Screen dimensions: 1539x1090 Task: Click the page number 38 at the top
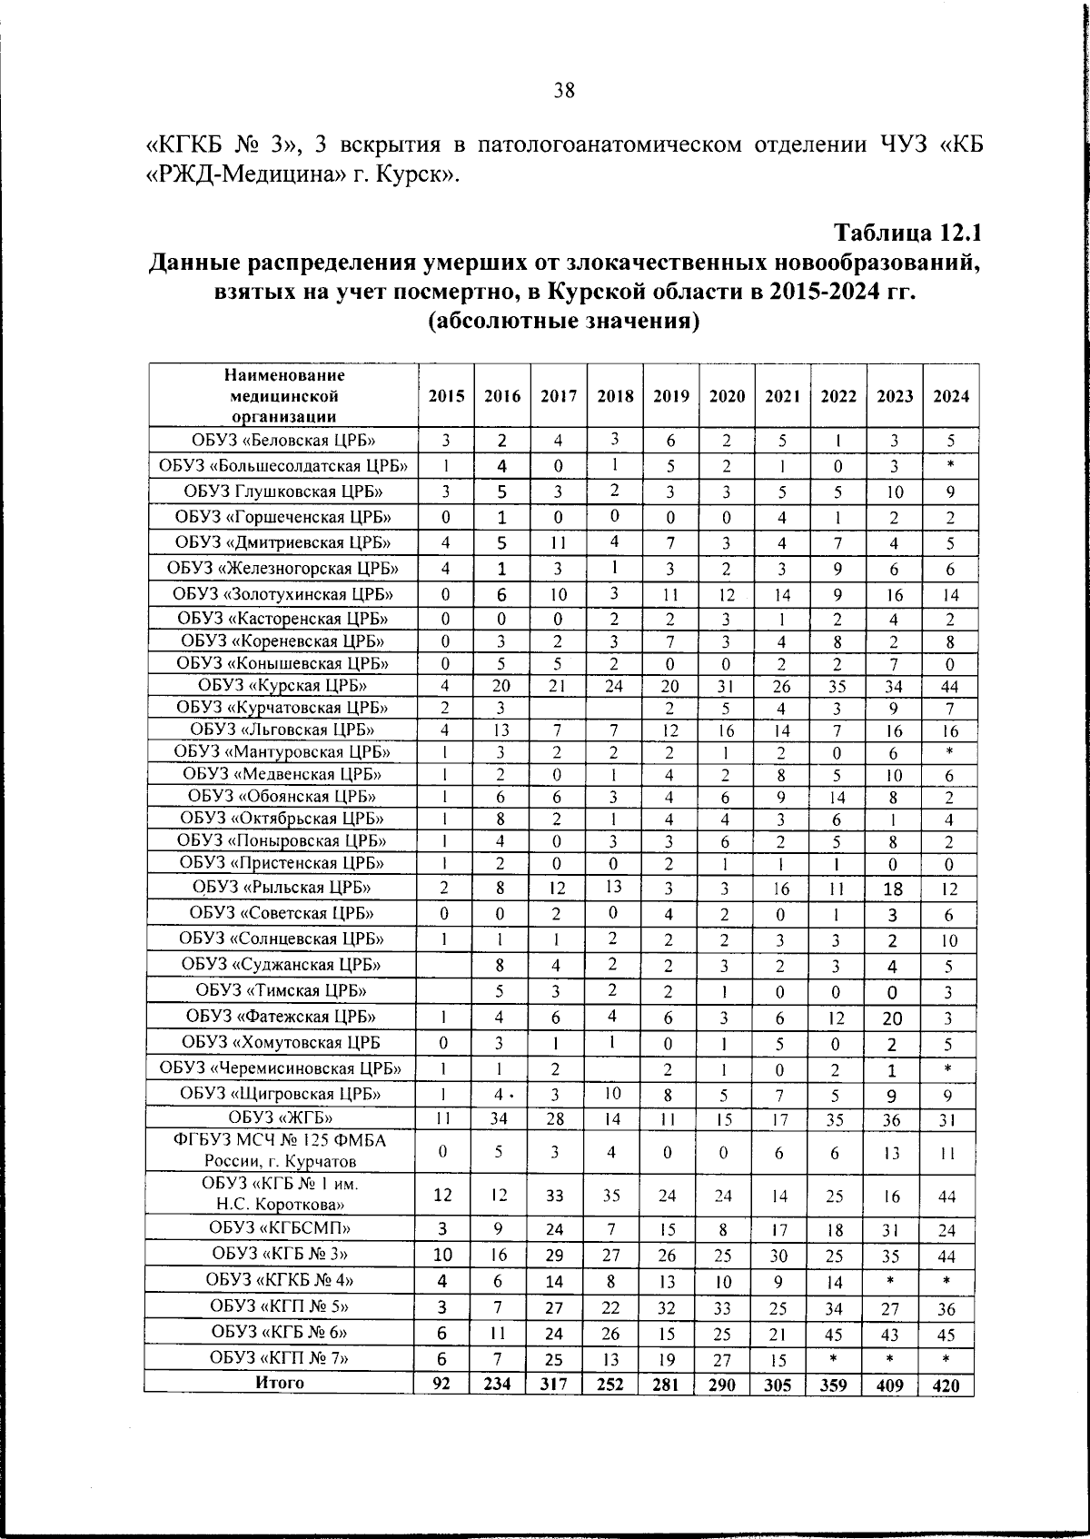coord(563,90)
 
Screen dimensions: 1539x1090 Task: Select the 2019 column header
coord(670,396)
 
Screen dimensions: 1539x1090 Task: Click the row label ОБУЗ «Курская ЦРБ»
coord(282,685)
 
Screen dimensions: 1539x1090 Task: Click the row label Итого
coord(280,1383)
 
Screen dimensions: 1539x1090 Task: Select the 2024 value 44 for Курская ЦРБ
coord(948,687)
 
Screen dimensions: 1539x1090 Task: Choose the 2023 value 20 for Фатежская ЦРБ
coord(892,1019)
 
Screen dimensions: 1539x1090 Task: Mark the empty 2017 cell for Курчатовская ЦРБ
coord(558,708)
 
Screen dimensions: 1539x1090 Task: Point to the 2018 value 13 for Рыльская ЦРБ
coord(614,887)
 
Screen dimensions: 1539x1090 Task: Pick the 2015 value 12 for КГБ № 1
coord(442,1196)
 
